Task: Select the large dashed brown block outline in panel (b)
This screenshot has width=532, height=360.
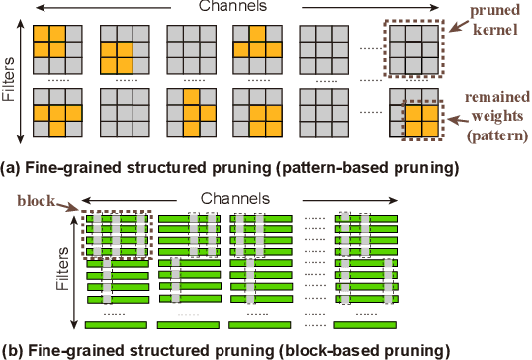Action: pos(116,234)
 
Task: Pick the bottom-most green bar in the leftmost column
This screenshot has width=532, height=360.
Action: pos(116,323)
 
